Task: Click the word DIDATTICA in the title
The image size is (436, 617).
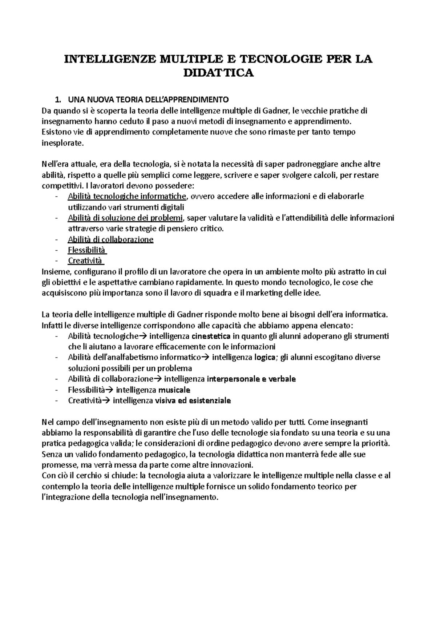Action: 218,73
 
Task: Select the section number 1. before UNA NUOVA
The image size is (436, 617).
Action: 57,100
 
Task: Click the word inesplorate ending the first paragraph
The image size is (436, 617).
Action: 62,143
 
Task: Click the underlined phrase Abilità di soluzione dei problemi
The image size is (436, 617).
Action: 125,218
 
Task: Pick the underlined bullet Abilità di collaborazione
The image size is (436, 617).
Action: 110,239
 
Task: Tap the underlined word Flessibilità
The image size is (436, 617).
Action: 86,250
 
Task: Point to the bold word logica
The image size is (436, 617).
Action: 265,357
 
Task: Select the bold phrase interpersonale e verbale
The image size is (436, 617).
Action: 251,379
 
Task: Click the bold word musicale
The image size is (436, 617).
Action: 174,390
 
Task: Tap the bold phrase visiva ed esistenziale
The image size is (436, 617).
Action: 193,400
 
